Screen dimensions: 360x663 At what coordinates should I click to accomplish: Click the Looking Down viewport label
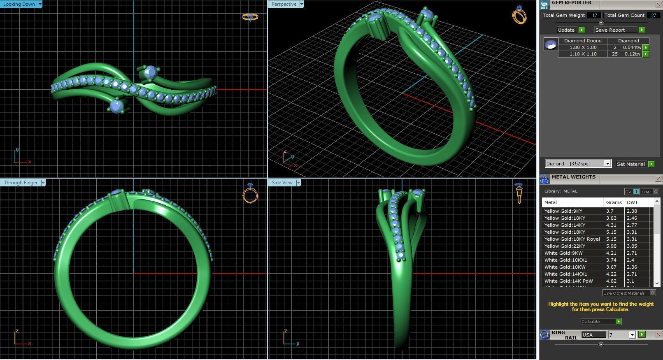pyautogui.click(x=19, y=4)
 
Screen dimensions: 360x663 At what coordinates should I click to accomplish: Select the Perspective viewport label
pyautogui.click(x=284, y=4)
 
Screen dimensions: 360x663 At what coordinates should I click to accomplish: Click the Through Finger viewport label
pyautogui.click(x=20, y=183)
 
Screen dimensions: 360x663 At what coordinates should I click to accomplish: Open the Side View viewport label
pyautogui.click(x=282, y=183)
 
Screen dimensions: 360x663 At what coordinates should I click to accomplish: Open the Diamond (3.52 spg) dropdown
pyautogui.click(x=578, y=164)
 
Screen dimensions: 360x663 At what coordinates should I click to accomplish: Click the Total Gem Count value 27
pyautogui.click(x=653, y=15)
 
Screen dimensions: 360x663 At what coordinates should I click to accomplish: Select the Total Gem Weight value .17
pyautogui.click(x=594, y=15)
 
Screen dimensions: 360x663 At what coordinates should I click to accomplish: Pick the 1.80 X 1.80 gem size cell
pyautogui.click(x=583, y=47)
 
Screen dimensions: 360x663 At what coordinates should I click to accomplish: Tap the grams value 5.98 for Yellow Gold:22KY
pyautogui.click(x=611, y=246)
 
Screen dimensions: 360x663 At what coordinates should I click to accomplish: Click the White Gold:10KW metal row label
pyautogui.click(x=565, y=267)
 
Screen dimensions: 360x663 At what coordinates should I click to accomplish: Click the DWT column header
pyautogui.click(x=632, y=202)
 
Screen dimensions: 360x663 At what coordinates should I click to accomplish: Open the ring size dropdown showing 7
pyautogui.click(x=621, y=335)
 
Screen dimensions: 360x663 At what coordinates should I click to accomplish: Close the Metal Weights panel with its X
pyautogui.click(x=658, y=179)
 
